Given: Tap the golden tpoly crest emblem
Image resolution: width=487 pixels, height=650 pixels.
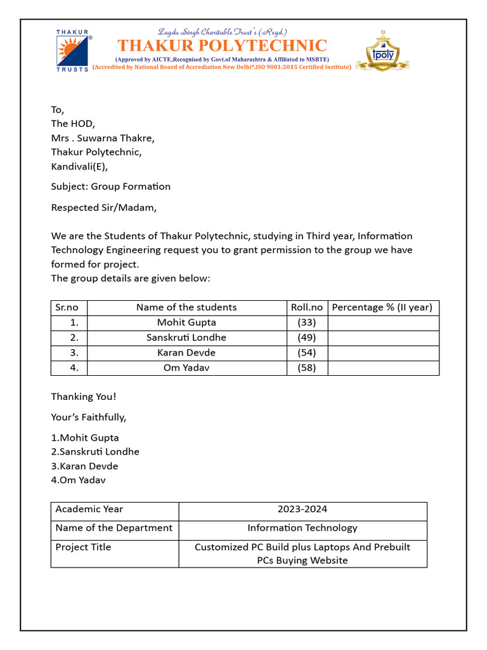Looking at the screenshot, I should tap(382, 51).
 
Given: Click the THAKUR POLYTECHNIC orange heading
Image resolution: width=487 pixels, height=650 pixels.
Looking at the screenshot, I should tap(222, 46).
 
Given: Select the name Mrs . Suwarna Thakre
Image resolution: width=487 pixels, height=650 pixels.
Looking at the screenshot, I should tap(103, 138).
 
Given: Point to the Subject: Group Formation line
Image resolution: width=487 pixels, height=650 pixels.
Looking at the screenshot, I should tap(111, 186).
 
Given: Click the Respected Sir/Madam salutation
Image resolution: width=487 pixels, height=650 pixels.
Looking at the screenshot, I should tap(103, 207).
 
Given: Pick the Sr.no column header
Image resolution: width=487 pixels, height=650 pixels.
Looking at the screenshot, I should tap(67, 307).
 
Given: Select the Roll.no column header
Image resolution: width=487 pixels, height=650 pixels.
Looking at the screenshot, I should tap(307, 307).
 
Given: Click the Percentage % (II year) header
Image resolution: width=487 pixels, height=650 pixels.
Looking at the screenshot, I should tap(382, 307).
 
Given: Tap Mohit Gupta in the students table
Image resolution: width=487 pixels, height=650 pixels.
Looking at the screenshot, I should tap(186, 322).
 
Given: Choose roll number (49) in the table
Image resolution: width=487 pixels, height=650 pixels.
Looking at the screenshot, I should tap(307, 338).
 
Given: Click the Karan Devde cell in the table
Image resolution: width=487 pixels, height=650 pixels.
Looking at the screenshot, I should tap(186, 353).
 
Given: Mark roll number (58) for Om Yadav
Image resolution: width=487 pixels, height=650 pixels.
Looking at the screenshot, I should tap(307, 368).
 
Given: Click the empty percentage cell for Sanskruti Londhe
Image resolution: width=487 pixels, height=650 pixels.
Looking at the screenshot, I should tap(383, 338).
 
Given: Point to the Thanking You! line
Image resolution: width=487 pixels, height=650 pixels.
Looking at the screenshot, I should tap(84, 397).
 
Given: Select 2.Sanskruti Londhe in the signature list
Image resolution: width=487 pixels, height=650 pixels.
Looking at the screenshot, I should tap(95, 452).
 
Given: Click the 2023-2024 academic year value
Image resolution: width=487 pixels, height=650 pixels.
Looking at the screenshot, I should tap(302, 509).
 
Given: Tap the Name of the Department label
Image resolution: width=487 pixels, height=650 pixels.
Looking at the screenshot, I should tap(114, 528).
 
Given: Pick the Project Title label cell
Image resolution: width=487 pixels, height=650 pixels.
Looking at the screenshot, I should tap(83, 547).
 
